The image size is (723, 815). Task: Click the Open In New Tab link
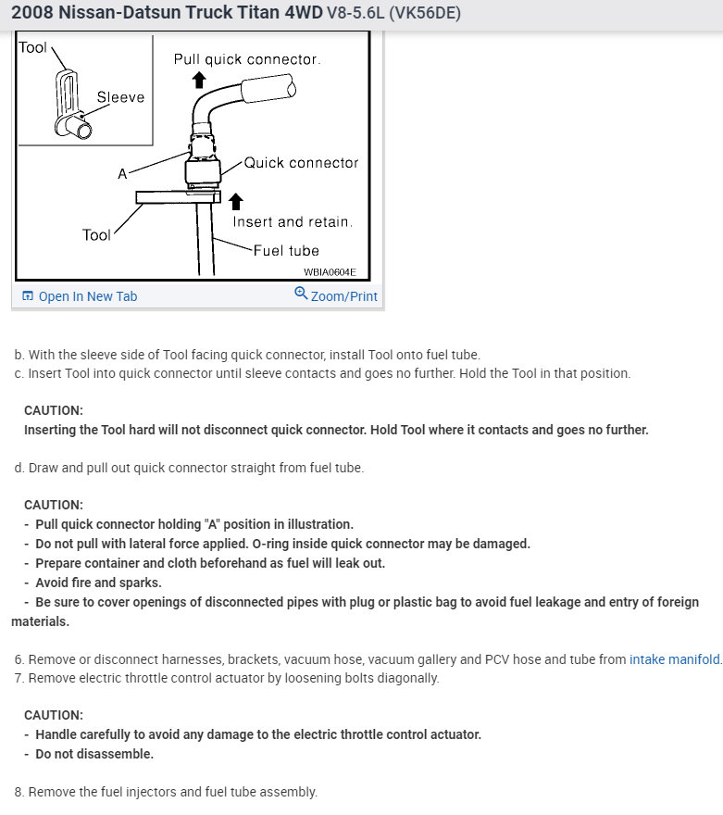[87, 296]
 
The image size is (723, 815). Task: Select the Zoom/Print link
[343, 296]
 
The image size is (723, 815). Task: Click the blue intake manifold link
[674, 659]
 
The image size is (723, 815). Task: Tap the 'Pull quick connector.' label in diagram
[247, 59]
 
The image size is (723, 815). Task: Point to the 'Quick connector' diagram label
[301, 163]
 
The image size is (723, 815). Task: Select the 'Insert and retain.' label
[293, 222]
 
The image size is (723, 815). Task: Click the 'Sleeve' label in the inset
[120, 97]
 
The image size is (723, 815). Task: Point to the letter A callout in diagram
[122, 174]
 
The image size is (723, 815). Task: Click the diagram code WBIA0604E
[330, 272]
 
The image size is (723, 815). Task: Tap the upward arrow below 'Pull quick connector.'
[197, 80]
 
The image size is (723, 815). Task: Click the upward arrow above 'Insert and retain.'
[236, 200]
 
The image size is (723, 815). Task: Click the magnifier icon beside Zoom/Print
[301, 294]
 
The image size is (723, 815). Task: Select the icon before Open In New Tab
[28, 296]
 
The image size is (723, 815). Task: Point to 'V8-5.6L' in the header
[356, 14]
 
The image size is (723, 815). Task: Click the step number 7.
[19, 678]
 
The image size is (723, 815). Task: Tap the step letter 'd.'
[19, 468]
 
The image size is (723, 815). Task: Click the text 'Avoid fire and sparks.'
[98, 583]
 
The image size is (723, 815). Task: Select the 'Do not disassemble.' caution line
[94, 754]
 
